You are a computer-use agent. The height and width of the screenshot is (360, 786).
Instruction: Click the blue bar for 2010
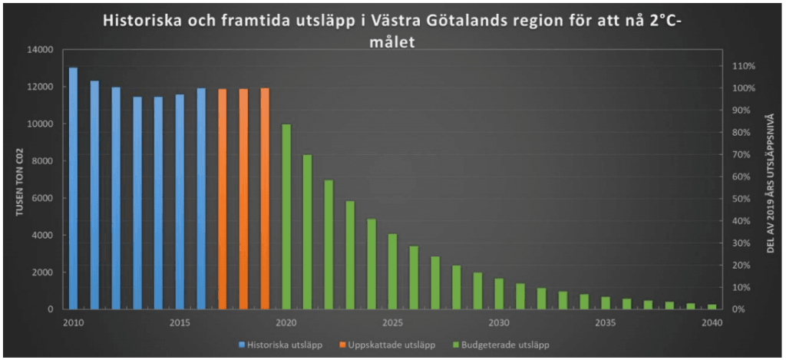click(x=73, y=189)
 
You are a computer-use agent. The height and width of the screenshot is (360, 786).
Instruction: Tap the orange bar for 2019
click(x=265, y=199)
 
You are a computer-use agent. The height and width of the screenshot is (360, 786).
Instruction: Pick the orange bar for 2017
click(x=223, y=200)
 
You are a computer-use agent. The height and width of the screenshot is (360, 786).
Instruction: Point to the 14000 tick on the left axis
click(x=40, y=50)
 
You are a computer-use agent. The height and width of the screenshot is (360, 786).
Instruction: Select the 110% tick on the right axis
click(x=744, y=66)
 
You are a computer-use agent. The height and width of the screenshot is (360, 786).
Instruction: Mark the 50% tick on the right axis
click(x=741, y=199)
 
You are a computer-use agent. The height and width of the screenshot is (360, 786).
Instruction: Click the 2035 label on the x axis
click(x=606, y=322)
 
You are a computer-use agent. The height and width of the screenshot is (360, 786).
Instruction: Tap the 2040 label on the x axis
click(x=712, y=322)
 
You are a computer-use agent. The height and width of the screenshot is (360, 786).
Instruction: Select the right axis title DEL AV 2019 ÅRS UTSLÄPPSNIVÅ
click(x=771, y=183)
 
